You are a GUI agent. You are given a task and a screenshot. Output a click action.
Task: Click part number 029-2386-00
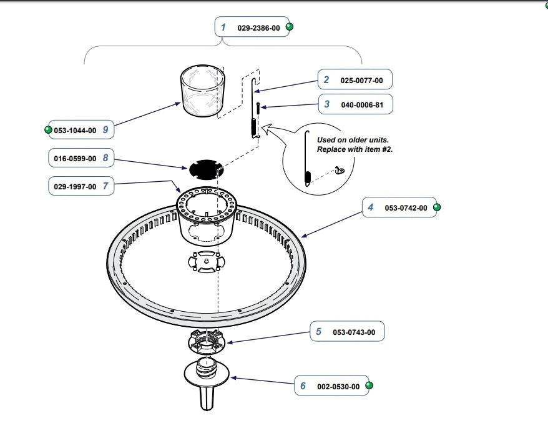pos(258,28)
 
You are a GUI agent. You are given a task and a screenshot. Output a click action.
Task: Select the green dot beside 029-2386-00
pos(290,27)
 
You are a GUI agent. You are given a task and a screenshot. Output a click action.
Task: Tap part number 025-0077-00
pos(362,81)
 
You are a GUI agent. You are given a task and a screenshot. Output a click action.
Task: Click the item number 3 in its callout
pos(327,104)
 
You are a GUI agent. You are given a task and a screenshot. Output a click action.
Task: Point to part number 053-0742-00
pos(406,208)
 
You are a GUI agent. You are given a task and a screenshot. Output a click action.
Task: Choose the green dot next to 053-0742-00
pos(437,207)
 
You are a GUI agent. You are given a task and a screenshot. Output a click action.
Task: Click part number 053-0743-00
pos(354,332)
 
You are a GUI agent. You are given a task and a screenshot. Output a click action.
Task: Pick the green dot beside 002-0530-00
pos(369,385)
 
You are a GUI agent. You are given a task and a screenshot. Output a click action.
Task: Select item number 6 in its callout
pos(303,386)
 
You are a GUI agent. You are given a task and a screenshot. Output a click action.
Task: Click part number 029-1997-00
pos(75,187)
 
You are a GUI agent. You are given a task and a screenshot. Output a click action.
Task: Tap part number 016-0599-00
pos(75,159)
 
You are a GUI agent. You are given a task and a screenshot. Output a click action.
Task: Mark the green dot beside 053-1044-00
pos(49,130)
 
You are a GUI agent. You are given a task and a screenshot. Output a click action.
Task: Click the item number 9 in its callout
pos(105,130)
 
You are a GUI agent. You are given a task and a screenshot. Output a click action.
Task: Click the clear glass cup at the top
pos(202,91)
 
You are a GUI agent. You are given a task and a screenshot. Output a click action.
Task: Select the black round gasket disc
pos(206,169)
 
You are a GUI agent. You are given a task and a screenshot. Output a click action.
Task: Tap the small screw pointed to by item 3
pos(258,107)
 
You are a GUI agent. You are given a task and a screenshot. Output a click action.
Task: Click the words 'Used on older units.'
pos(353,140)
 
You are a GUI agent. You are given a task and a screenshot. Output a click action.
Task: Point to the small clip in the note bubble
pos(340,171)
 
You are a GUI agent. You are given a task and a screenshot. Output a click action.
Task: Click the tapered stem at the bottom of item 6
pos(207,397)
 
